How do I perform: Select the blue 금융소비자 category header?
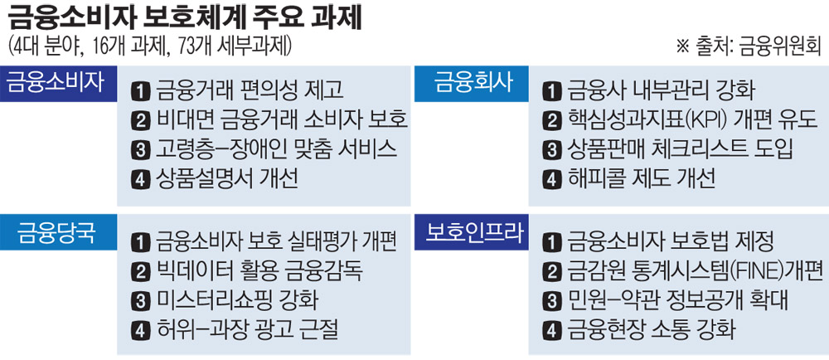pos(56,82)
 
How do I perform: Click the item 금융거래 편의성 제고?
pos(249,90)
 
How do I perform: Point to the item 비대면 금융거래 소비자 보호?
pos(281,119)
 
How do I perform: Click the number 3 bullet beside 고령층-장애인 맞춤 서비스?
pos(140,148)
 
